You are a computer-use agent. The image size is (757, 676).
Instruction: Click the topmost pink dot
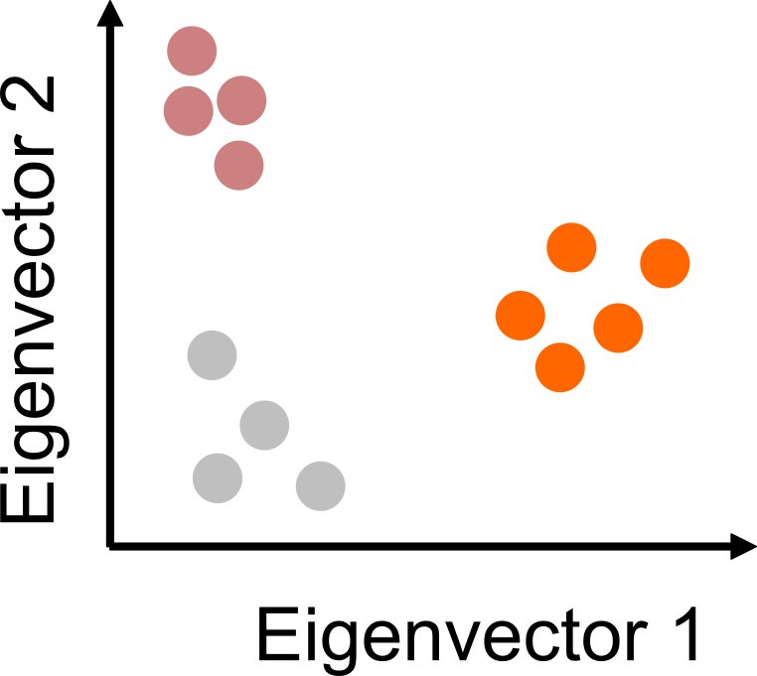pos(192,51)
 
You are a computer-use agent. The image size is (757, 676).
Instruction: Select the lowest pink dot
pos(239,165)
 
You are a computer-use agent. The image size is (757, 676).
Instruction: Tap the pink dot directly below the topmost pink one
pos(188,108)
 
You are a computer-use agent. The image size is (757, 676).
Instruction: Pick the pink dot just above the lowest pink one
pos(241,101)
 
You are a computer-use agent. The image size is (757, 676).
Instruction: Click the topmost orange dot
pos(571,248)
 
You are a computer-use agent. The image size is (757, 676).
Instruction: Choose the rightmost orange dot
pos(665,264)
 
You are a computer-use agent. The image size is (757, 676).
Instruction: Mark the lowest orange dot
pos(560,366)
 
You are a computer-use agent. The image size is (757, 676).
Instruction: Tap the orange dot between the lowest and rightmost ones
pos(618,327)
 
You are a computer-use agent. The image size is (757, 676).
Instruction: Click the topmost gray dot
pos(212,354)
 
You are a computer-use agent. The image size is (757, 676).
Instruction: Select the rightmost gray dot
pos(321,485)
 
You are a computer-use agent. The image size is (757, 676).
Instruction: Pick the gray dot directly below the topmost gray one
pos(218,477)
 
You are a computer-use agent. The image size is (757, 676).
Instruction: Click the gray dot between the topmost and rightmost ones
pos(265,426)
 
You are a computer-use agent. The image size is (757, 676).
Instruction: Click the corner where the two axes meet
pos(110,544)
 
